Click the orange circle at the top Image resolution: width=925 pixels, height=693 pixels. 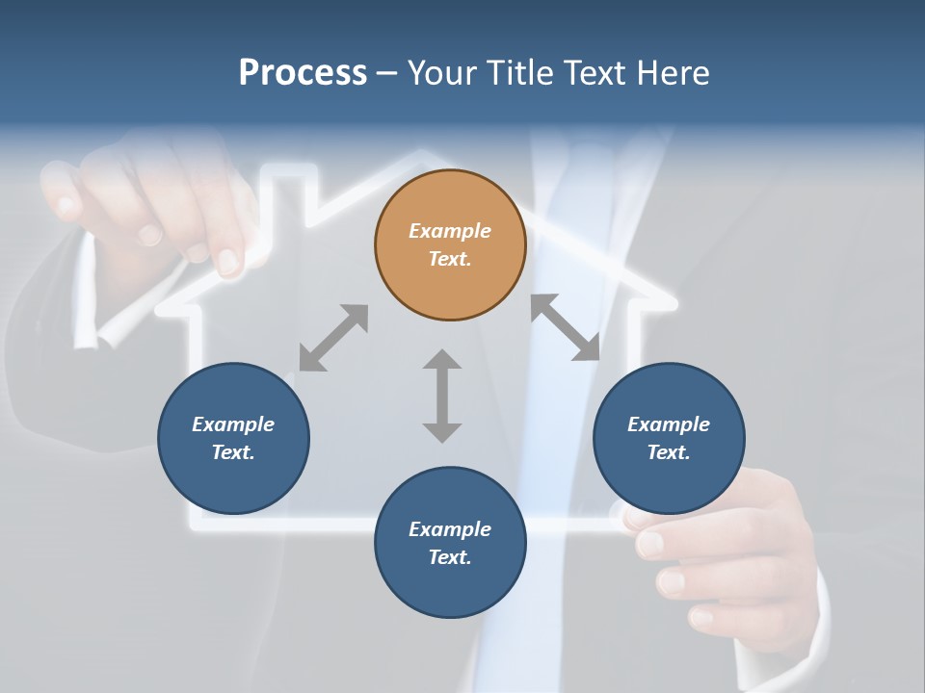tap(450, 245)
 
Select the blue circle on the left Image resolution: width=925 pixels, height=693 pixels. tap(233, 438)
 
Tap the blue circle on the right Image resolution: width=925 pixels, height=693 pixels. tap(669, 438)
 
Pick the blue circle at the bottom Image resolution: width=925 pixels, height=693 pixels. tap(450, 543)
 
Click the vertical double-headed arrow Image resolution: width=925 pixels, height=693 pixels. tap(442, 396)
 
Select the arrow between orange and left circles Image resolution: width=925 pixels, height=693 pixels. tap(333, 338)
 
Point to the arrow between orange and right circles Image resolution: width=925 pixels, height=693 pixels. tap(566, 327)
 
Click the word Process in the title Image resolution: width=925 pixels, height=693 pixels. tap(303, 72)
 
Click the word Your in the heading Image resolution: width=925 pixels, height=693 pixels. tap(441, 72)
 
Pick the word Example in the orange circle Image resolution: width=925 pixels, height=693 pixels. tap(450, 231)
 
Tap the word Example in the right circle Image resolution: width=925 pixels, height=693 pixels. tap(669, 424)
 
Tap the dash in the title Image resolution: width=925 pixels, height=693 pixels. tap(387, 73)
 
